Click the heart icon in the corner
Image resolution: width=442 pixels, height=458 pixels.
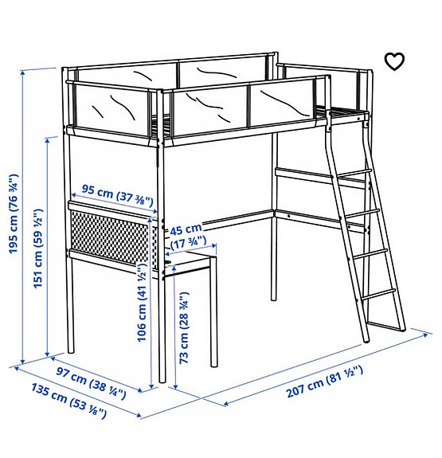pyautogui.click(x=394, y=61)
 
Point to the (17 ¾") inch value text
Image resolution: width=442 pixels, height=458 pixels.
pyautogui.click(x=188, y=241)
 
